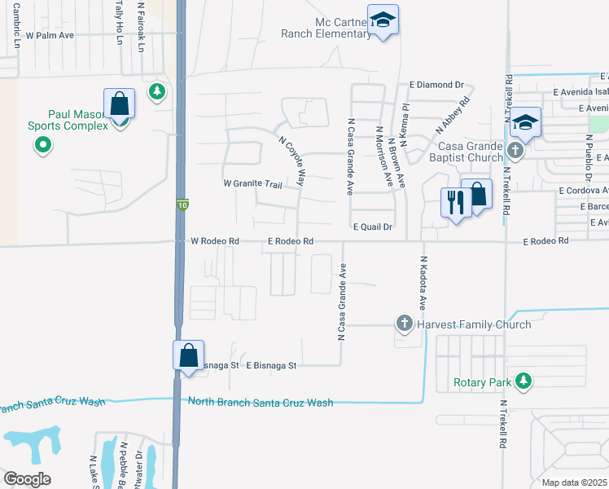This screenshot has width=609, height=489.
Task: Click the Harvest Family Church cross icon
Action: tap(404, 324)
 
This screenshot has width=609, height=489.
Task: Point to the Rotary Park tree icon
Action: tap(524, 381)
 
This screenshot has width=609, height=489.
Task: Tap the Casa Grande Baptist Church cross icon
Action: tap(515, 151)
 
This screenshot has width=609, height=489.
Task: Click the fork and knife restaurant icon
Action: tap(454, 201)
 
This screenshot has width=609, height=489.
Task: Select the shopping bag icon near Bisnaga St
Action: tap(188, 356)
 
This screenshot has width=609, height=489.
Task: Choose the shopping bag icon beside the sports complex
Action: tap(119, 105)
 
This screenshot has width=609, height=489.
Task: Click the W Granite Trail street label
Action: tap(252, 184)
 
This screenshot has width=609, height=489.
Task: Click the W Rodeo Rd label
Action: tap(215, 241)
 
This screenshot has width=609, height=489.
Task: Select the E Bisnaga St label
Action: tap(271, 366)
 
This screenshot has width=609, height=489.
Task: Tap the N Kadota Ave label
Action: tap(423, 284)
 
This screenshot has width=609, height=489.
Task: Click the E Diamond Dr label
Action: tap(436, 85)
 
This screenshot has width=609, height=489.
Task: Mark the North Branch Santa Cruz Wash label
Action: tap(260, 403)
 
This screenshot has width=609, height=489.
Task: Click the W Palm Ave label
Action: tap(50, 36)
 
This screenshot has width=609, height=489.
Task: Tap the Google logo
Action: tap(28, 479)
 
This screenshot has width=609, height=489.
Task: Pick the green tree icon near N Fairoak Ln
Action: tap(157, 92)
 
